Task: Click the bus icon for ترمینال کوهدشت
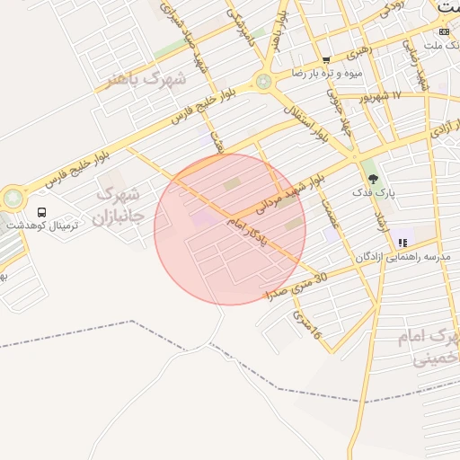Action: pos(41,212)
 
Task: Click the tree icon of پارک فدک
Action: pos(373,176)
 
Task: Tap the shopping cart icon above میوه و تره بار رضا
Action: pos(326,59)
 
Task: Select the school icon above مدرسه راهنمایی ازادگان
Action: pos(402,243)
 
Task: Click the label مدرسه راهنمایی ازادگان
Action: pos(409,258)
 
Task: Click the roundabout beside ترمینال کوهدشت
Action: pos(13,197)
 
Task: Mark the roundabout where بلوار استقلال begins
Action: pos(263,82)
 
